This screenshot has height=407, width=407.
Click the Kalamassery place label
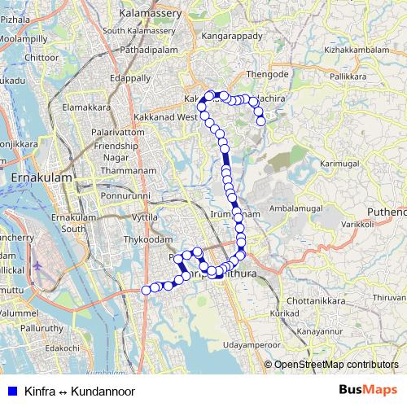tap(146, 14)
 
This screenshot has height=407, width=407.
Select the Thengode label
tap(252, 73)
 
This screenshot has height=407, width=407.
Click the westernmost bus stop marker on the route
tap(147, 290)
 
